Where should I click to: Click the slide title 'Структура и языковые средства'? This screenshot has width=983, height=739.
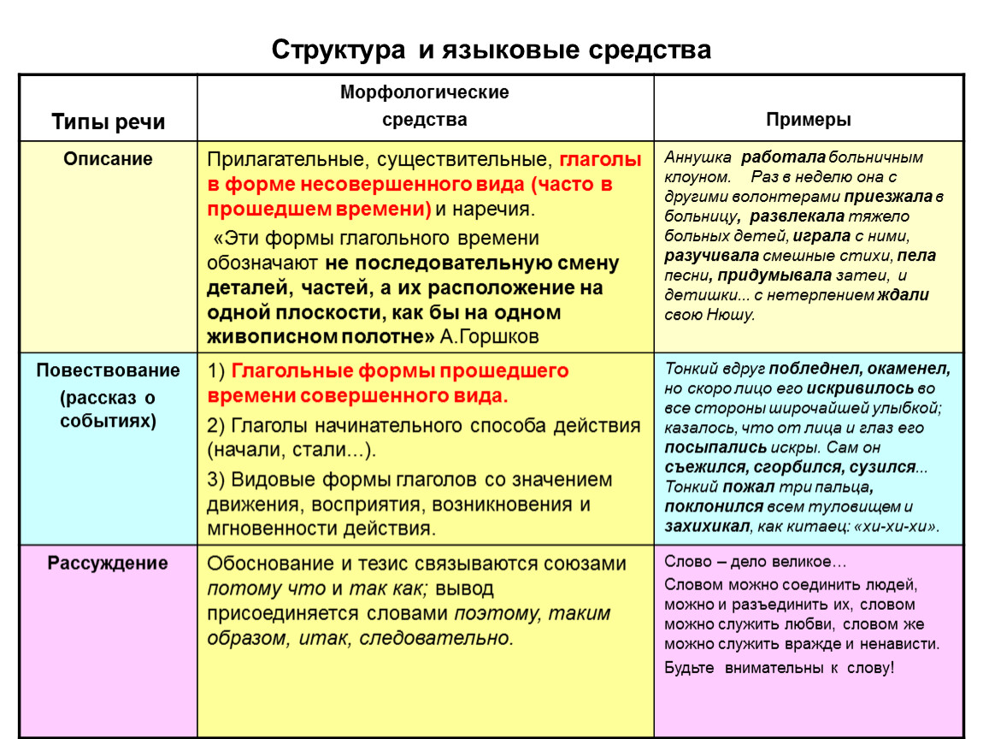(x=491, y=50)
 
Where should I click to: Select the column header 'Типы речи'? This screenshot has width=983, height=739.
(x=108, y=121)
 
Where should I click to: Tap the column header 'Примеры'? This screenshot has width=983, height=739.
(x=808, y=120)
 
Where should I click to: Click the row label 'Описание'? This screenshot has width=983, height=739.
(x=108, y=159)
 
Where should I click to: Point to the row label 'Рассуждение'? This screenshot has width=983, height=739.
(x=108, y=564)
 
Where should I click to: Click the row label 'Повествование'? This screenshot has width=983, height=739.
(x=108, y=370)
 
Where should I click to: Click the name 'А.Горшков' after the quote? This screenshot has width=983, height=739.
(x=489, y=336)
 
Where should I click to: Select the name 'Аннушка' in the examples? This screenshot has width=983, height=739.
(x=698, y=158)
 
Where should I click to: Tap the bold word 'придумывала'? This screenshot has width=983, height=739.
(x=774, y=275)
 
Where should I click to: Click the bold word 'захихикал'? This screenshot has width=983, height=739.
(x=707, y=527)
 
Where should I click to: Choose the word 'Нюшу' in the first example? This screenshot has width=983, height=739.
(x=731, y=315)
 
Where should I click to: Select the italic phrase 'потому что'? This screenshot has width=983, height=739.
(x=266, y=588)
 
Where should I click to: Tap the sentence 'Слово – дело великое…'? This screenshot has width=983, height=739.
(x=755, y=563)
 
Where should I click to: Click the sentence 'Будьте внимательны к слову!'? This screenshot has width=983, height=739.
(x=779, y=667)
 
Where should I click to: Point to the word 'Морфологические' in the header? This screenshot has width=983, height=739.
(x=425, y=92)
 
